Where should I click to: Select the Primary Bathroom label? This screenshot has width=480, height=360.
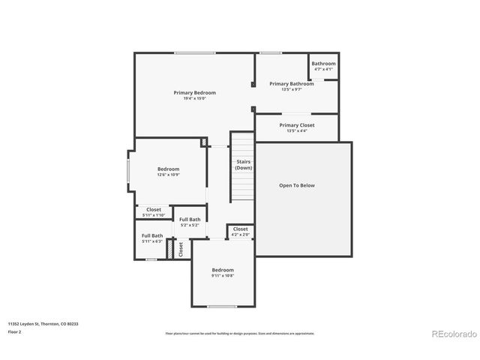292,83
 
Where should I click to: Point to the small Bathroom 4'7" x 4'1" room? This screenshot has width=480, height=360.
323,66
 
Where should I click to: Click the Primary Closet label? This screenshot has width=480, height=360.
297,124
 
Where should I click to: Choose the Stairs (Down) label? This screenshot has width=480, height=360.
243,164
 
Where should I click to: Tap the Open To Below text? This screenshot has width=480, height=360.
297,184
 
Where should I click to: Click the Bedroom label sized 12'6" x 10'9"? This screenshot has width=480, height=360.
168,169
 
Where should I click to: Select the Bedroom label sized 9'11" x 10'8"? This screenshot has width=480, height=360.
223,270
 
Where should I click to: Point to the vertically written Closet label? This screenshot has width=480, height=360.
181,250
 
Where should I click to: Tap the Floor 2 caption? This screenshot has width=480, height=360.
14,331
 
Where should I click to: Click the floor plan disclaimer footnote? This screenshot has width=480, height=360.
240,333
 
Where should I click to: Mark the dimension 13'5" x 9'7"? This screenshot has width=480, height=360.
292,89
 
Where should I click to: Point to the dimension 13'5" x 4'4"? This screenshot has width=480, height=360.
297,130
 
